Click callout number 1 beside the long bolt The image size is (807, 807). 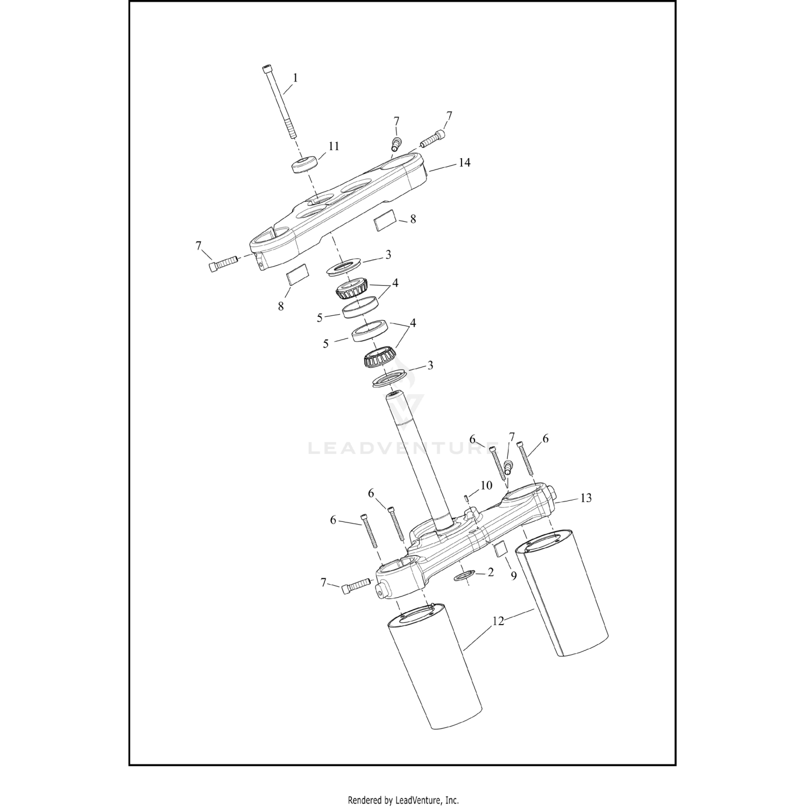tap(295, 78)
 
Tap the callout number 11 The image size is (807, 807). tap(334, 146)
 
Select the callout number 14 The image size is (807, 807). tap(464, 162)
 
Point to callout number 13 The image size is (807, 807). tap(586, 498)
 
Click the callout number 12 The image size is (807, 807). tap(498, 621)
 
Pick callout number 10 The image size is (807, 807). tap(486, 485)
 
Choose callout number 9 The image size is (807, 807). tap(513, 576)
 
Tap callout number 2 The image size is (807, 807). tap(490, 573)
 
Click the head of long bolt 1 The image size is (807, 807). tap(267, 69)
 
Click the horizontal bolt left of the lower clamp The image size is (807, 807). tap(355, 585)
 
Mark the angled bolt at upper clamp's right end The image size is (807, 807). tap(433, 140)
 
